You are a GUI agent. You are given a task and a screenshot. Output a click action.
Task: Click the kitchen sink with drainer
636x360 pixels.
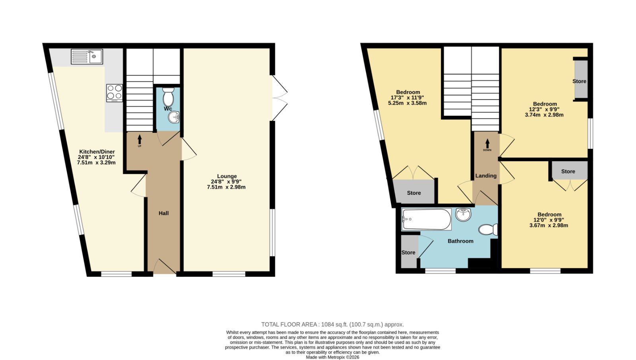pyautogui.click(x=87, y=56)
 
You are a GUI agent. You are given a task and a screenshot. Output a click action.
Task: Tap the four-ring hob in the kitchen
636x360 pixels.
pyautogui.click(x=115, y=93)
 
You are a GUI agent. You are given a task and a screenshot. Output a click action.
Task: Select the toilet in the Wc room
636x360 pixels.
pyautogui.click(x=169, y=97)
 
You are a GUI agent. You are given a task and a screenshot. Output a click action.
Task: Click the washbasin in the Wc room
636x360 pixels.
pyautogui.click(x=173, y=117)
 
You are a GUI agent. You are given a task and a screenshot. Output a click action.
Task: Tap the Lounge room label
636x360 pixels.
pyautogui.click(x=227, y=176)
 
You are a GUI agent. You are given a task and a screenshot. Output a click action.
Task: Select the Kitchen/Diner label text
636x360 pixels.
pyautogui.click(x=97, y=152)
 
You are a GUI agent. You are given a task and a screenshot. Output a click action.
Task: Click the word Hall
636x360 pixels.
pyautogui.click(x=163, y=213)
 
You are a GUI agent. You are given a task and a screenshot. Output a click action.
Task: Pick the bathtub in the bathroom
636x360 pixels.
pyautogui.click(x=426, y=219)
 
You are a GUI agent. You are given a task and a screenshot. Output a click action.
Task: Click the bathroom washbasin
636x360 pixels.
pyautogui.click(x=463, y=214)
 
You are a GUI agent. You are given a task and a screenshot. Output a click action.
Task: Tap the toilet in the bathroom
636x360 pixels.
pyautogui.click(x=488, y=230)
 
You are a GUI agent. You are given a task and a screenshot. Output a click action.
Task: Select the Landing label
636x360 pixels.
pyautogui.click(x=486, y=175)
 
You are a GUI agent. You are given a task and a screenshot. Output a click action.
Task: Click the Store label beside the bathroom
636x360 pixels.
pyautogui.click(x=408, y=252)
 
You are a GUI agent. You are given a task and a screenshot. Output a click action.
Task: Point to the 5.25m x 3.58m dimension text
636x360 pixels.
pyautogui.click(x=407, y=103)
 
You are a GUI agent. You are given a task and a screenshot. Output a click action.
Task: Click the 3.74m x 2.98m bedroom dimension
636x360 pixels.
pyautogui.click(x=544, y=115)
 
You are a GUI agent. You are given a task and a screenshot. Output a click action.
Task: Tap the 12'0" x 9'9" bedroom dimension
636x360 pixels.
pyautogui.click(x=549, y=220)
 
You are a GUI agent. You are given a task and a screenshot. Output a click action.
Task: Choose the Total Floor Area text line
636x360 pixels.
pyautogui.click(x=332, y=325)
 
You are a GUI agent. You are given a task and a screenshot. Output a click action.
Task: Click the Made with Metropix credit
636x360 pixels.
pyautogui.click(x=332, y=357)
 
